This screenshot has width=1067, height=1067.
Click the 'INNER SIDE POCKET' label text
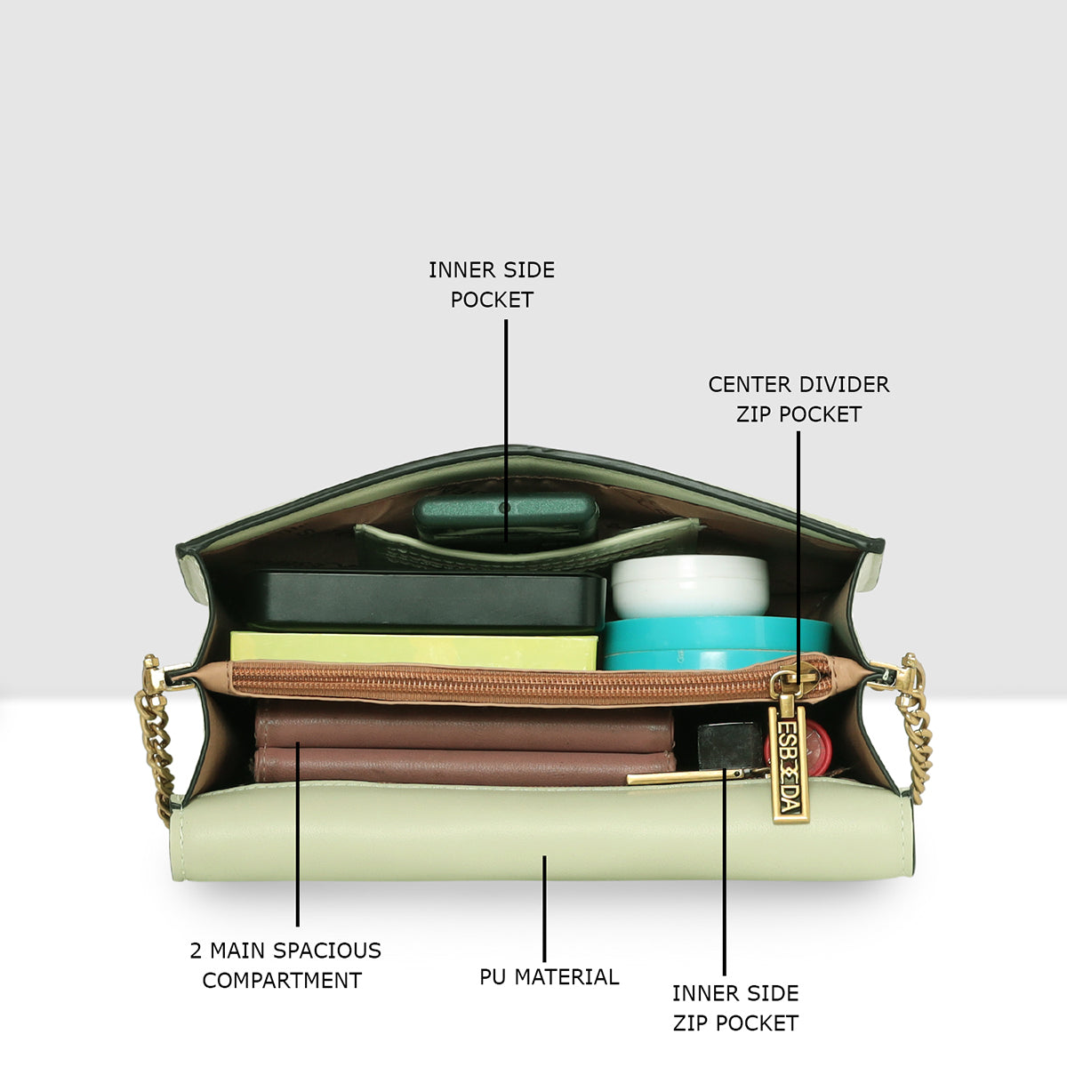[x=492, y=285]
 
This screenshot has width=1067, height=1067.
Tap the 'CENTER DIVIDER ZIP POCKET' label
[x=798, y=399]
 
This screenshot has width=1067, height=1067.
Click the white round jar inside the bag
[x=690, y=587]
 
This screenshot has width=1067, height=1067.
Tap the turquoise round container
[x=717, y=644]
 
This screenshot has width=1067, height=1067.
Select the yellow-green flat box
[x=413, y=651]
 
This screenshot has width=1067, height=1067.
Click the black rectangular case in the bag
[x=427, y=602]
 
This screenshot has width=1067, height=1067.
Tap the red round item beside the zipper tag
[x=798, y=748]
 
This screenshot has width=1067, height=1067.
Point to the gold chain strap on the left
[x=157, y=736]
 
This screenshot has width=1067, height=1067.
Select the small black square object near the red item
[x=730, y=745]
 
